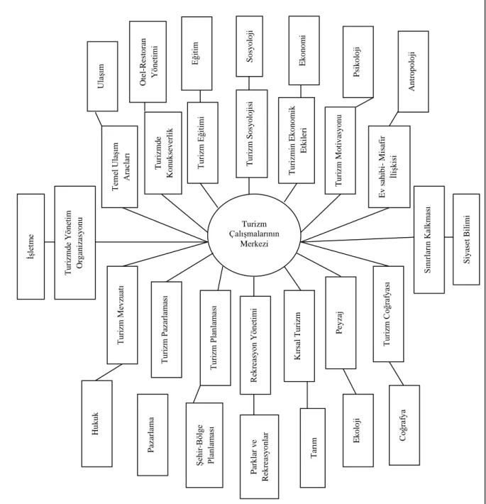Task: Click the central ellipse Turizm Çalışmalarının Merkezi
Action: tap(254, 234)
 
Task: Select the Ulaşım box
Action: tap(102, 76)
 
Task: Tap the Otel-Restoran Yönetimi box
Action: tap(148, 62)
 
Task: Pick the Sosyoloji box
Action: tap(249, 46)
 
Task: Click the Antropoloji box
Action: tap(413, 72)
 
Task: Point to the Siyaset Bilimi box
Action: tap(466, 239)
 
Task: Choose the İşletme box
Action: tap(31, 246)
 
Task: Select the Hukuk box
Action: tap(96, 424)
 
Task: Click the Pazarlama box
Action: tap(153, 435)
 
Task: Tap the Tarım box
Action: tap(313, 448)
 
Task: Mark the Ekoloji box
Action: tap(358, 430)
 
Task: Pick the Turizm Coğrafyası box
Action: tap(388, 314)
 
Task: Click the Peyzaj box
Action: tap(341, 323)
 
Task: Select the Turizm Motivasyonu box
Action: tap(340, 150)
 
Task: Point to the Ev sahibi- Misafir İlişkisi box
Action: tap(389, 167)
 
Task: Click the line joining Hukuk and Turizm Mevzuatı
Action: tap(109, 372)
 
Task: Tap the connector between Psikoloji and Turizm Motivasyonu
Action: tap(364, 102)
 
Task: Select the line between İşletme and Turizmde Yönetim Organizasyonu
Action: tap(50, 242)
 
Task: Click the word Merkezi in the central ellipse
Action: tap(254, 244)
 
